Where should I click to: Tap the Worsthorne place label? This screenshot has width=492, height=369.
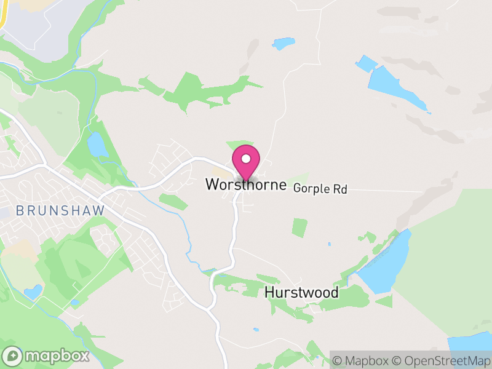pos(246,184)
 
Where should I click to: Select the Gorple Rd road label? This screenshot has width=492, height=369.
pos(320,189)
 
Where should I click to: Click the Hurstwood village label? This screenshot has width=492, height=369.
pos(301,292)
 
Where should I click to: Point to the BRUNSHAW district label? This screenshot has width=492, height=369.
pos(60,210)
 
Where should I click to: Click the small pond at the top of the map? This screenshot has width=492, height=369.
pos(284,44)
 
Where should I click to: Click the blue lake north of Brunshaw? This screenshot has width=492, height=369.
pos(97,145)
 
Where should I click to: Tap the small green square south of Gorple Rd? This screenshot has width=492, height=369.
pos(299,228)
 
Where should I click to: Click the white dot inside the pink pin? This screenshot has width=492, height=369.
pos(246,159)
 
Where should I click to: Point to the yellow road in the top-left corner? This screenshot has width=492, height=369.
pos(2,15)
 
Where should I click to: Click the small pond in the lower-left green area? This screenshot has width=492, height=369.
pos(33,291)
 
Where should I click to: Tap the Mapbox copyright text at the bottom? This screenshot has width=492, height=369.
pos(362,360)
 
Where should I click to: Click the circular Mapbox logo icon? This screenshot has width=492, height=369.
pos(12,356)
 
